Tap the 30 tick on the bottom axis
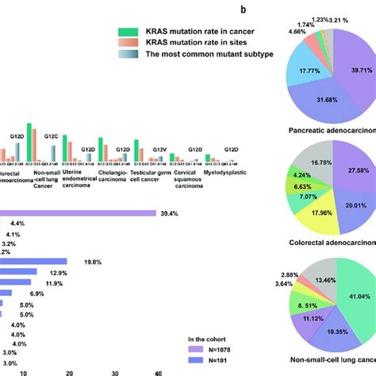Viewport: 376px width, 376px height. coord(116,371)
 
